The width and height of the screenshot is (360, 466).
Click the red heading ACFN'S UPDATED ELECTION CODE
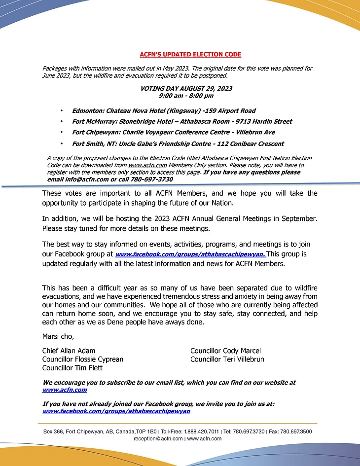coord(190,54)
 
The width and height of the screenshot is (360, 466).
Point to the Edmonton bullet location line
coord(164,111)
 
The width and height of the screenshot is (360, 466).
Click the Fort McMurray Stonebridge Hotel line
coord(182,122)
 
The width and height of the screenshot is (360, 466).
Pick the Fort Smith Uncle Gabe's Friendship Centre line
coord(178,144)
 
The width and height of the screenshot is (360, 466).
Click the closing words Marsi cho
coord(58,337)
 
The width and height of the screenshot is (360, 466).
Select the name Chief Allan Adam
coord(69,351)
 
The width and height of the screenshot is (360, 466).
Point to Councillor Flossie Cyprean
coord(83,359)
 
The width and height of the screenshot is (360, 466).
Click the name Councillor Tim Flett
coord(72,368)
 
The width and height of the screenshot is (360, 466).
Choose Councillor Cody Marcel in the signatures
coord(225,351)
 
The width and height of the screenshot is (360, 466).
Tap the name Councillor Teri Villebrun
coord(227,359)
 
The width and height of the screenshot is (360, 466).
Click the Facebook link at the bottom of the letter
coord(116,411)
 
